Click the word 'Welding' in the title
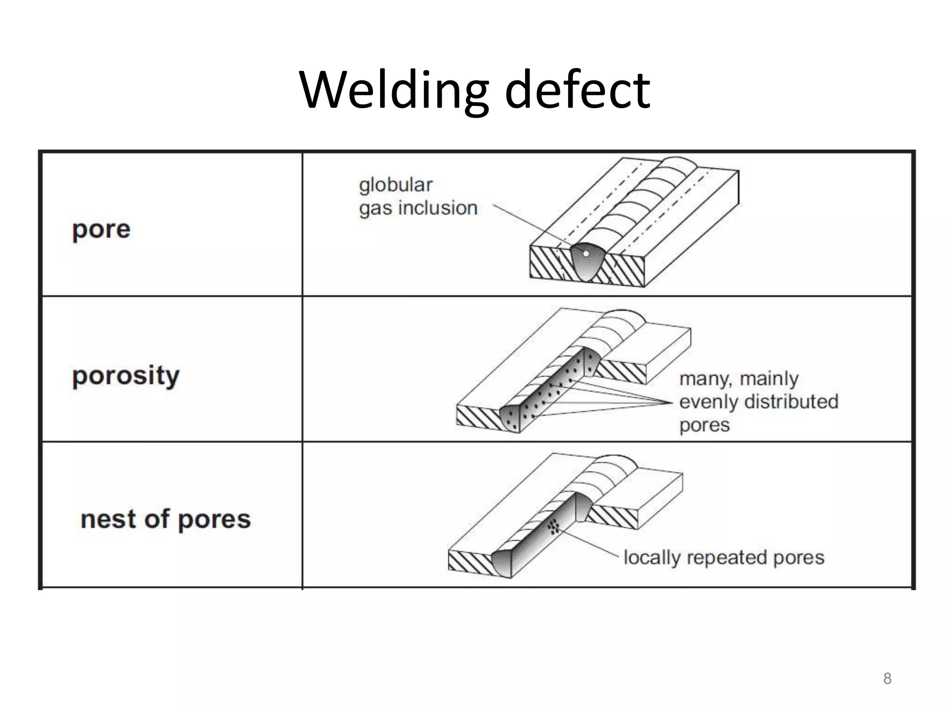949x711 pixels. coord(394,90)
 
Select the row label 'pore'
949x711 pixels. coord(101,230)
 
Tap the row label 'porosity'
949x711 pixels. coord(126,376)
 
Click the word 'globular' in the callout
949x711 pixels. coord(395,185)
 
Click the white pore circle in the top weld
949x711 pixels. coord(586,254)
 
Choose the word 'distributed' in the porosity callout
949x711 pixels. coord(791,401)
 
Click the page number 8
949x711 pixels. coord(887,679)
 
